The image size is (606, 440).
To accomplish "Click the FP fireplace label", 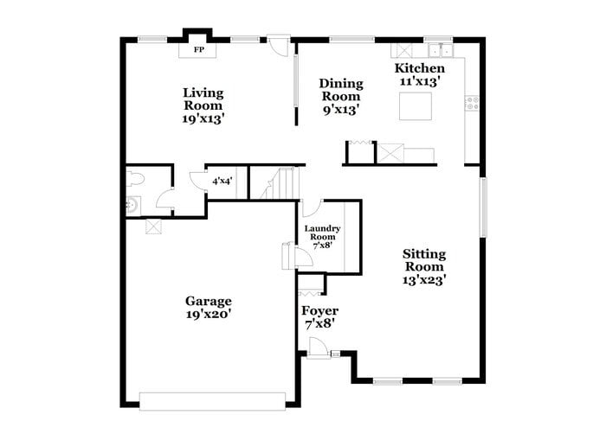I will [198, 50].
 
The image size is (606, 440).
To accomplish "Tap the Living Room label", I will [203, 105].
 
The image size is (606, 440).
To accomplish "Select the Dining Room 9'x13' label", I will [341, 96].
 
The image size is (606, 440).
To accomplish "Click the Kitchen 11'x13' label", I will [420, 74].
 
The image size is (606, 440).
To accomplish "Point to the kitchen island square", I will [416, 106].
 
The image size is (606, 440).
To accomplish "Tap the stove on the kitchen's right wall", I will [473, 102].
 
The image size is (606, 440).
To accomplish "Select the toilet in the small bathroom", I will [135, 181].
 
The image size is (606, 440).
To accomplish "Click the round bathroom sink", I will [132, 206].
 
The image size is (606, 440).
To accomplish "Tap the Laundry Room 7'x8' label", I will [322, 236].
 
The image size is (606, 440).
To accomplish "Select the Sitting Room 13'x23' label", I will [424, 266].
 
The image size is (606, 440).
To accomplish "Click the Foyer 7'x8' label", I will [319, 316].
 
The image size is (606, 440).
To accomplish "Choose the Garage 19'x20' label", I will [208, 308].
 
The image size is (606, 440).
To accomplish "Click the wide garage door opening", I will [212, 401].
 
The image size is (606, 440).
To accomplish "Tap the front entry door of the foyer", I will [318, 350].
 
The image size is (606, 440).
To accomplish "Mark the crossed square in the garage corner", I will [154, 226].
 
